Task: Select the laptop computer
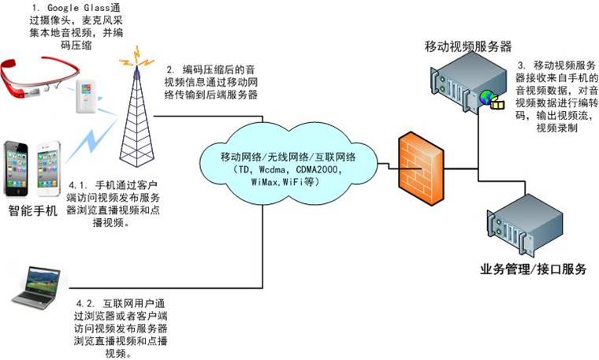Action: [x=39, y=285]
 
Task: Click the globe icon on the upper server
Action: [x=486, y=98]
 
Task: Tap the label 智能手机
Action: [x=33, y=210]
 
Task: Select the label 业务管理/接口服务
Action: [x=533, y=269]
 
